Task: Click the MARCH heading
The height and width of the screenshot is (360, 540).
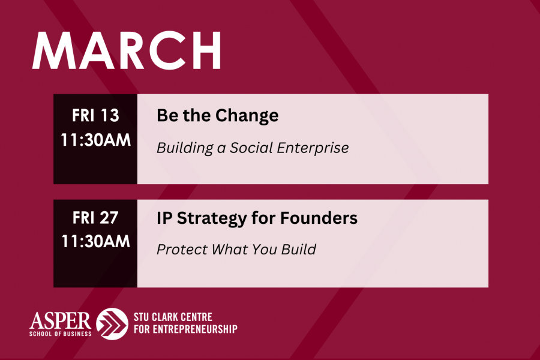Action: click(x=127, y=50)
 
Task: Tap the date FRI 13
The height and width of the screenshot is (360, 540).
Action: click(x=95, y=115)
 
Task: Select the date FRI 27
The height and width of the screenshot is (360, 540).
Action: click(x=95, y=218)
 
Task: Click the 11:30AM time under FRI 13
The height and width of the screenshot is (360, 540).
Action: click(x=96, y=140)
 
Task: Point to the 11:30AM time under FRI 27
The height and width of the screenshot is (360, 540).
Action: click(x=96, y=241)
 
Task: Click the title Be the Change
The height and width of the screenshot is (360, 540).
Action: click(x=218, y=116)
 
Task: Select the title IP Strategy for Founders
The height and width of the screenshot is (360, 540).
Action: click(x=257, y=218)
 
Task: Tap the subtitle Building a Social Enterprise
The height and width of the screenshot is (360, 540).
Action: click(x=253, y=148)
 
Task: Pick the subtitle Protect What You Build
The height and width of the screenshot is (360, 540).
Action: click(x=236, y=250)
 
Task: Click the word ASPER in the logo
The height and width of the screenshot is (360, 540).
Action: click(x=60, y=321)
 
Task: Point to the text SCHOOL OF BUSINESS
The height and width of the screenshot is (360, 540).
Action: click(x=60, y=334)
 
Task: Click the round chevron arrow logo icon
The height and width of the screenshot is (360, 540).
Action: click(x=112, y=324)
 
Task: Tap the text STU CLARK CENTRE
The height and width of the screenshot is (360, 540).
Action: click(x=173, y=317)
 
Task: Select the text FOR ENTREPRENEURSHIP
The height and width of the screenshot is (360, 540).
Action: click(x=185, y=329)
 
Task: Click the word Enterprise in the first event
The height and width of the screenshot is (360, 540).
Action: click(x=313, y=148)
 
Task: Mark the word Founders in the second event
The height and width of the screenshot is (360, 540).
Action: click(x=319, y=218)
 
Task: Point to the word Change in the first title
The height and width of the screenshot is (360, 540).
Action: click(x=247, y=116)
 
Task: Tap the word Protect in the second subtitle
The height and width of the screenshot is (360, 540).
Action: click(x=182, y=250)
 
